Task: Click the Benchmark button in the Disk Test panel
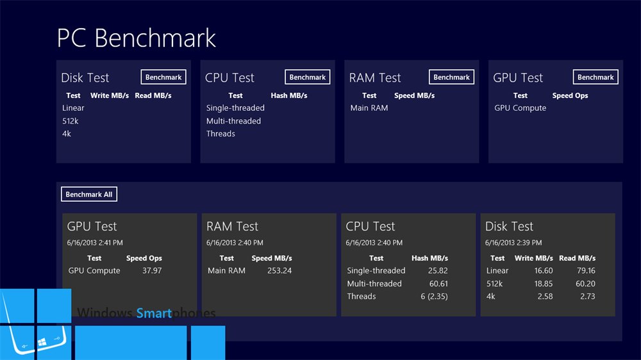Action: tap(163, 78)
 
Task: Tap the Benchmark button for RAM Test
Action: tap(451, 78)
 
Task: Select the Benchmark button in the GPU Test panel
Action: tap(595, 78)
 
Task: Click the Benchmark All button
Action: tap(89, 195)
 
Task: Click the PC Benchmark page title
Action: tap(136, 38)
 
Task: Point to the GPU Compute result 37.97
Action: tap(152, 270)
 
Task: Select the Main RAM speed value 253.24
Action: tap(279, 270)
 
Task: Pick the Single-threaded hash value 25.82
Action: tap(438, 270)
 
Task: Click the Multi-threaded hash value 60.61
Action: tap(438, 284)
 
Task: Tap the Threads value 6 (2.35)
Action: tap(434, 296)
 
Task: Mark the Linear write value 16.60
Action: tap(544, 270)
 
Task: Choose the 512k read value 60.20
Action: tap(585, 284)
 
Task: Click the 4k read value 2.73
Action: tap(587, 296)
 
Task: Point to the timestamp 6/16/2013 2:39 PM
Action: tap(513, 243)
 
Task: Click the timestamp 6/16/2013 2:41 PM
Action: tap(95, 243)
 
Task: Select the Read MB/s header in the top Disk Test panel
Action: tap(153, 95)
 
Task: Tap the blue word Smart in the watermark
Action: tap(154, 313)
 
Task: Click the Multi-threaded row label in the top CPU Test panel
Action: tap(233, 121)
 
